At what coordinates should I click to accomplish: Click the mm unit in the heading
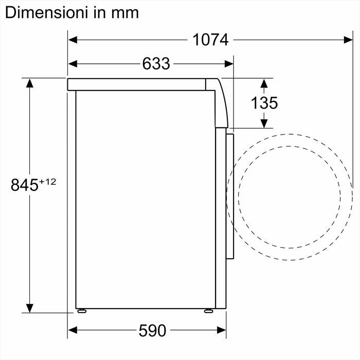[125, 12]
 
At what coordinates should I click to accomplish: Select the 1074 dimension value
[211, 40]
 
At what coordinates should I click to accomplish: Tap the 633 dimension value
[156, 64]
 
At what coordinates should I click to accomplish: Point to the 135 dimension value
[264, 103]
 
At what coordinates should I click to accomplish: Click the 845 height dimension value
[25, 185]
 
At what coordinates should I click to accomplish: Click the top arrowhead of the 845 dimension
[30, 83]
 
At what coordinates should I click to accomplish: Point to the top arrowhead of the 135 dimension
[264, 83]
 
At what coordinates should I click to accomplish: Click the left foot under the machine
[82, 311]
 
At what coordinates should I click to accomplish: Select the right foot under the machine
[208, 311]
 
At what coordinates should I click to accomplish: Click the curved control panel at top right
[221, 103]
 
